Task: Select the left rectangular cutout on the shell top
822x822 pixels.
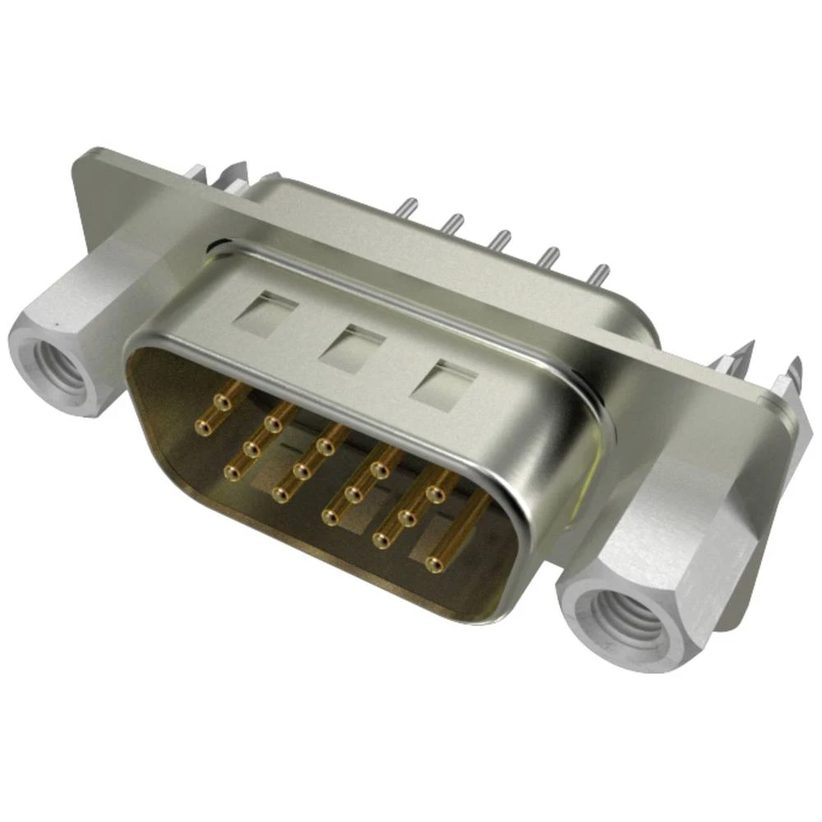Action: (264, 312)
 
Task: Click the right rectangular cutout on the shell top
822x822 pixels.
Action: (444, 381)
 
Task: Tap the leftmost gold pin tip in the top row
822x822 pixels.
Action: (220, 402)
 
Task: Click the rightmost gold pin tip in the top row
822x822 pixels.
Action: (436, 493)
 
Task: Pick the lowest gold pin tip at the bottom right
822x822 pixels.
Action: (435, 564)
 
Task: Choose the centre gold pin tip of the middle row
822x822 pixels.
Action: (303, 471)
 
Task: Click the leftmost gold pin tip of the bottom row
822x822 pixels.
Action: (233, 473)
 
